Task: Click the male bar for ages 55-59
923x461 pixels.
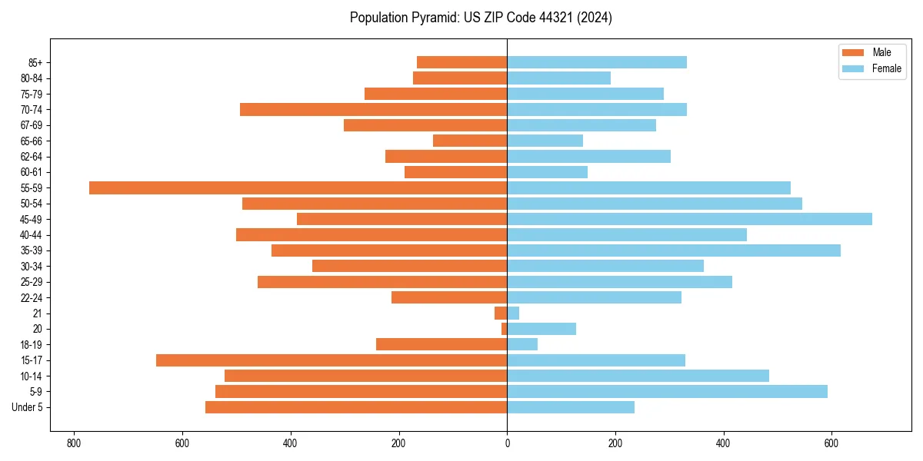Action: click(298, 187)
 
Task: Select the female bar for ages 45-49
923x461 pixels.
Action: click(689, 219)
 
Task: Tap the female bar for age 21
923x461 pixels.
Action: click(513, 313)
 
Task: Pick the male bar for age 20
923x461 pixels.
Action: click(505, 329)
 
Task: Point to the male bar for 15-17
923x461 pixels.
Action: click(332, 360)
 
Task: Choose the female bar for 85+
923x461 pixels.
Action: click(597, 62)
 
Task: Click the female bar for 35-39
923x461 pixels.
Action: click(674, 250)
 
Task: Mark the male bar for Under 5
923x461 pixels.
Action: click(356, 407)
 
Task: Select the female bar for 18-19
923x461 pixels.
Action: click(522, 344)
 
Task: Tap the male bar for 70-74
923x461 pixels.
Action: click(373, 109)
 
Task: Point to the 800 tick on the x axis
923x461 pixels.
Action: click(74, 443)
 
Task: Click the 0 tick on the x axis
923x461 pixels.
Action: click(507, 443)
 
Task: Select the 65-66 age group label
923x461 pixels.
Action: click(38, 141)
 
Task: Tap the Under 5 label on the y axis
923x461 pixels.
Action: click(32, 407)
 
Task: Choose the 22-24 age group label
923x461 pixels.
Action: click(38, 297)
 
